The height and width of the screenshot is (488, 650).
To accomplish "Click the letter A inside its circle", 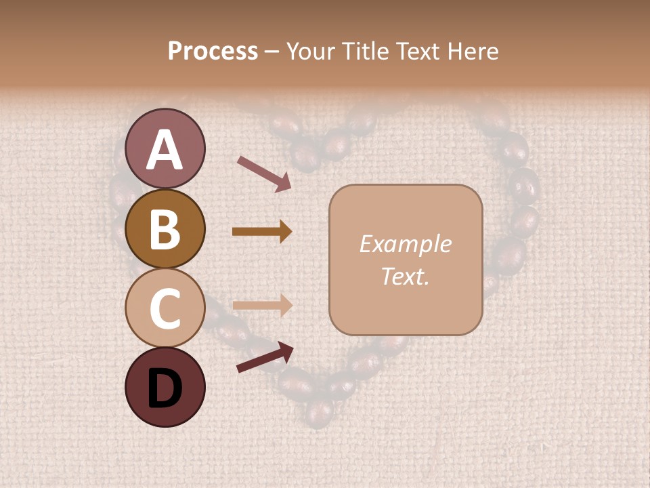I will [165, 150].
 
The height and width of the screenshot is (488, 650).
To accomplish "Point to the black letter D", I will [165, 388].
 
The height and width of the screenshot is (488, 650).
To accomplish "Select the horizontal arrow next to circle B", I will [261, 232].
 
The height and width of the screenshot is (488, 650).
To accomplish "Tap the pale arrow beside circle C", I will [261, 304].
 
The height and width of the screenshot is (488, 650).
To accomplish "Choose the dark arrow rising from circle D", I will [265, 357].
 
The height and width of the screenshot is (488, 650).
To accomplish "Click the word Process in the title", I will [213, 52].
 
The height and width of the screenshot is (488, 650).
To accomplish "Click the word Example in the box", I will [405, 244].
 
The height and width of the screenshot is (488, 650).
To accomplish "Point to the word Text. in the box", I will [405, 276].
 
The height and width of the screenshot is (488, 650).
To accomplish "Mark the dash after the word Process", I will [272, 52].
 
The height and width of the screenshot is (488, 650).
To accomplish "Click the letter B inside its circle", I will [165, 228].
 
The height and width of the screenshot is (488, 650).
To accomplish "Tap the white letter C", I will [165, 308].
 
